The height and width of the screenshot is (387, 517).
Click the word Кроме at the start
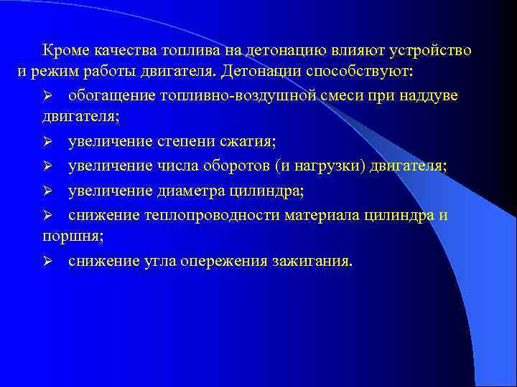click(63, 51)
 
